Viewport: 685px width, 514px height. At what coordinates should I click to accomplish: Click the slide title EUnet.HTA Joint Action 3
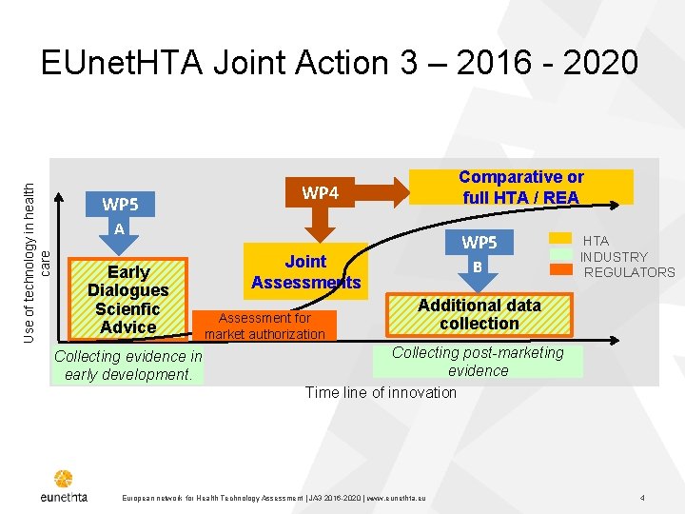pyautogui.click(x=339, y=63)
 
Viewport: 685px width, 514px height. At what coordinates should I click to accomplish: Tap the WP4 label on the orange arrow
pyautogui.click(x=321, y=193)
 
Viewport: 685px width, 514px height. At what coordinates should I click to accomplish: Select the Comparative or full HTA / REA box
pyautogui.click(x=520, y=188)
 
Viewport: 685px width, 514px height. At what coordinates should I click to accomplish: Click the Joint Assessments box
pyautogui.click(x=305, y=271)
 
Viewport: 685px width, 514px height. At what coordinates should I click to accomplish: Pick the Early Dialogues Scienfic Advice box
pyautogui.click(x=127, y=299)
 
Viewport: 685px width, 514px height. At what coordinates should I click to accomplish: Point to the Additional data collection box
pyautogui.click(x=479, y=314)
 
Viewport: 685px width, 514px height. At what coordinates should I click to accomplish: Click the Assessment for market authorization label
pyautogui.click(x=264, y=326)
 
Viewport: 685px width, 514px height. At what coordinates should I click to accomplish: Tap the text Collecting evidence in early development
pyautogui.click(x=128, y=365)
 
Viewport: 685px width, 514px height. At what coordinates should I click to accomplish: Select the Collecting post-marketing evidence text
pyautogui.click(x=478, y=362)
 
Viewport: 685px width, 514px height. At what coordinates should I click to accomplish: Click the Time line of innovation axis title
pyautogui.click(x=381, y=392)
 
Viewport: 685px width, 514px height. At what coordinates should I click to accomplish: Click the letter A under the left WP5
pyautogui.click(x=119, y=228)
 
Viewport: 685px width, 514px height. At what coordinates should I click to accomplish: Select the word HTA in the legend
pyautogui.click(x=596, y=241)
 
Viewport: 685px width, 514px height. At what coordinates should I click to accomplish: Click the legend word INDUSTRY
pyautogui.click(x=614, y=257)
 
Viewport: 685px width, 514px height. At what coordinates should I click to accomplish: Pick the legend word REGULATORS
pyautogui.click(x=629, y=272)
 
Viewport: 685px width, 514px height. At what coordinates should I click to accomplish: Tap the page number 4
pyautogui.click(x=643, y=498)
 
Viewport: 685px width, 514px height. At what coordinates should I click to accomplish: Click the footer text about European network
pyautogui.click(x=275, y=499)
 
